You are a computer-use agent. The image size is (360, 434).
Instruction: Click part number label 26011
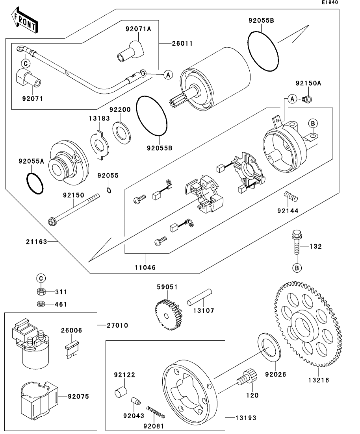coord(182,44)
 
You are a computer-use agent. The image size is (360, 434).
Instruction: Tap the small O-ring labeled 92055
coord(108,190)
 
